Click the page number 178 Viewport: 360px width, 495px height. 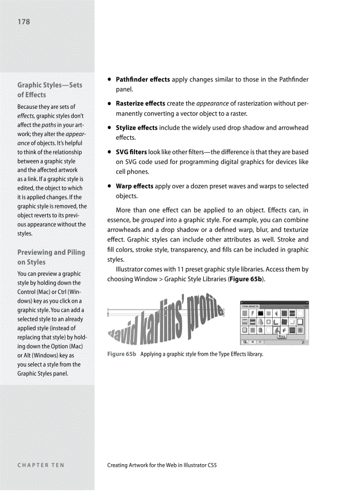pyautogui.click(x=24, y=22)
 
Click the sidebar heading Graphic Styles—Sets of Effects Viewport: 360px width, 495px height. pyautogui.click(x=49, y=89)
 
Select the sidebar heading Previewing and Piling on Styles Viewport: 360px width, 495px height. pyautogui.click(x=51, y=257)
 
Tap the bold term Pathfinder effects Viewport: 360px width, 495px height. pyautogui.click(x=142, y=80)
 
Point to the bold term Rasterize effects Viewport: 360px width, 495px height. pyautogui.click(x=140, y=104)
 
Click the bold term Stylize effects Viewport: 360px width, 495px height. pyautogui.click(x=136, y=128)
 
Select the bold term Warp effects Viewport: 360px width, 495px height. pyautogui.click(x=135, y=186)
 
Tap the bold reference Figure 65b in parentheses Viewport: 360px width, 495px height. pyautogui.click(x=246, y=279)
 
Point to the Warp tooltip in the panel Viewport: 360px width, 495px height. pyautogui.click(x=281, y=336)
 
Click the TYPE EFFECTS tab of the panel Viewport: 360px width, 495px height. pyautogui.click(x=250, y=305)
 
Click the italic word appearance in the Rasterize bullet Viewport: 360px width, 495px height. pyautogui.click(x=212, y=104)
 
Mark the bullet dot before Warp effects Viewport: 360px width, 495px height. pyautogui.click(x=109, y=186)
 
